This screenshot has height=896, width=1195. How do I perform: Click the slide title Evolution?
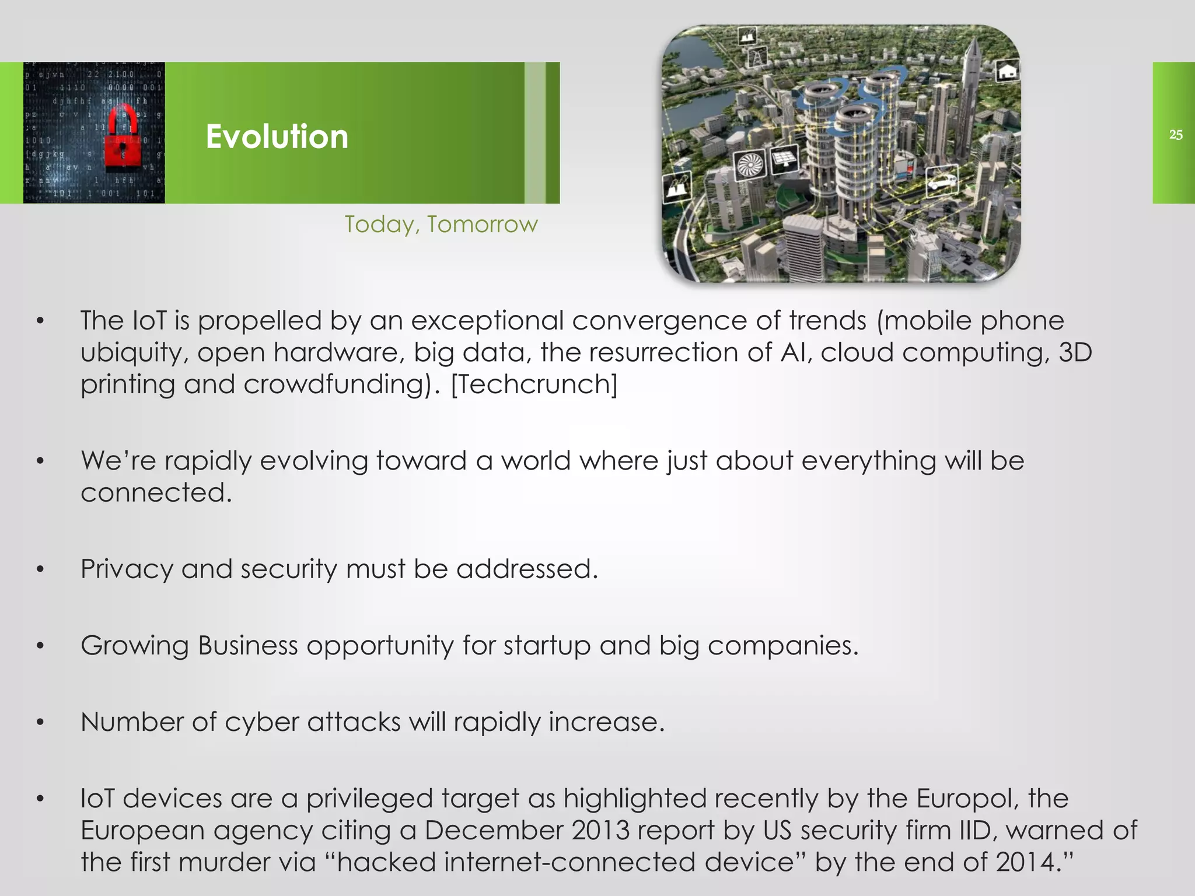[x=277, y=136]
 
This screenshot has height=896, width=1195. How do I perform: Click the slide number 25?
[x=1175, y=135]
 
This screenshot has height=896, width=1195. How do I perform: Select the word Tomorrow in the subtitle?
[x=482, y=225]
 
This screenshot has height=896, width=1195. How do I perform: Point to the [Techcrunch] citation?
[x=534, y=384]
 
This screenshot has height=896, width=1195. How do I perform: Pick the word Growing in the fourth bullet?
[x=135, y=646]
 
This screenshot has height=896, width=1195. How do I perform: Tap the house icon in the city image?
[x=1006, y=72]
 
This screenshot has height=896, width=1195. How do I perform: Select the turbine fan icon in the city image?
[x=746, y=165]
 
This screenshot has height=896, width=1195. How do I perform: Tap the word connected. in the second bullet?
[x=156, y=493]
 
